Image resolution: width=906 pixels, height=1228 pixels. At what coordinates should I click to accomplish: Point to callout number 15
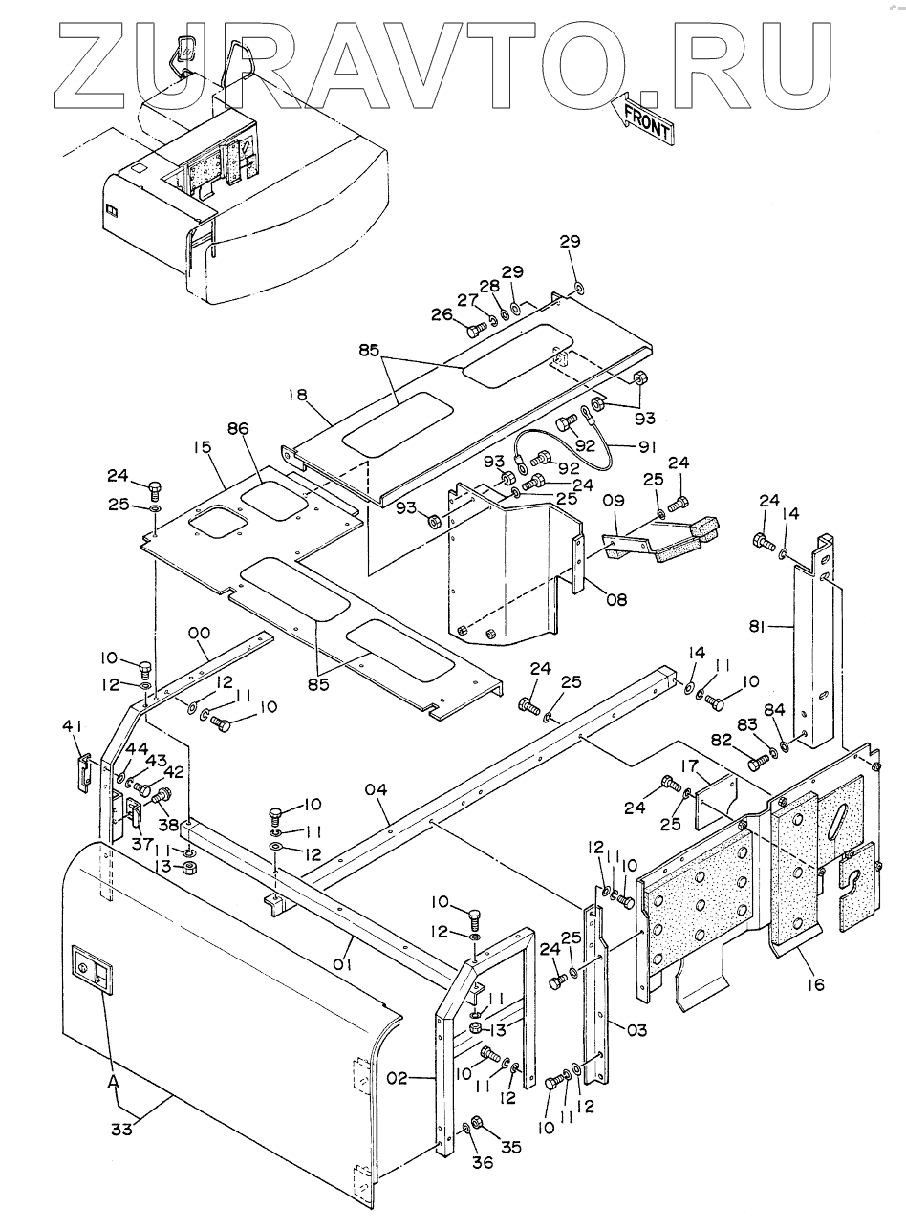tap(202, 447)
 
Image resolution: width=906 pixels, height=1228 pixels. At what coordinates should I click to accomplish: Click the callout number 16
tap(815, 984)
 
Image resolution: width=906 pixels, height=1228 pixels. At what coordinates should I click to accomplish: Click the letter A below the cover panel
tap(113, 1083)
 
